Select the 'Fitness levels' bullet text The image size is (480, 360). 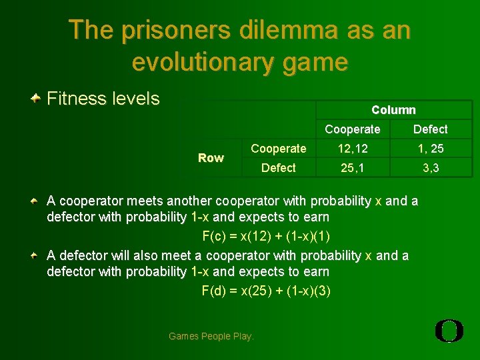coord(103,99)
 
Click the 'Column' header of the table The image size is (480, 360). coord(393,110)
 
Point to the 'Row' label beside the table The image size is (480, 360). coord(211,158)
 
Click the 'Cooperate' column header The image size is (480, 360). coord(352,129)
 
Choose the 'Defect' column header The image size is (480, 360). coord(430,129)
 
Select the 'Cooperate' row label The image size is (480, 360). coord(278,149)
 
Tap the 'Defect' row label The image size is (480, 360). coord(278,168)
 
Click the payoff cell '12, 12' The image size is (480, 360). coord(352,149)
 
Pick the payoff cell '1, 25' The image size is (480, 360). coord(430,149)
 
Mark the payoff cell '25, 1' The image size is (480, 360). coord(352,168)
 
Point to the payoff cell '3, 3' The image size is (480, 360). coord(430,168)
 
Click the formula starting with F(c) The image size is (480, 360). coord(266,237)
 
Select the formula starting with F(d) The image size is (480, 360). coord(266,291)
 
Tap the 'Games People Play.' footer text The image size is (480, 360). coord(211,336)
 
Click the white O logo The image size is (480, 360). coord(449,331)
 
